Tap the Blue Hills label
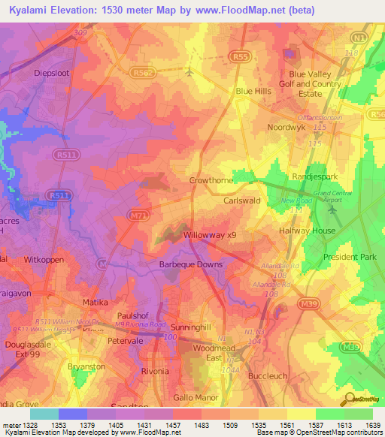(x=253, y=91)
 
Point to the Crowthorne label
(x=211, y=181)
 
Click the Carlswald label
(x=242, y=201)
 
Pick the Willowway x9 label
(x=211, y=235)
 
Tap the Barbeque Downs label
(x=190, y=264)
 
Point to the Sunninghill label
(x=195, y=329)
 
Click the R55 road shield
(x=240, y=56)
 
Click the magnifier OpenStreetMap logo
(x=350, y=399)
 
